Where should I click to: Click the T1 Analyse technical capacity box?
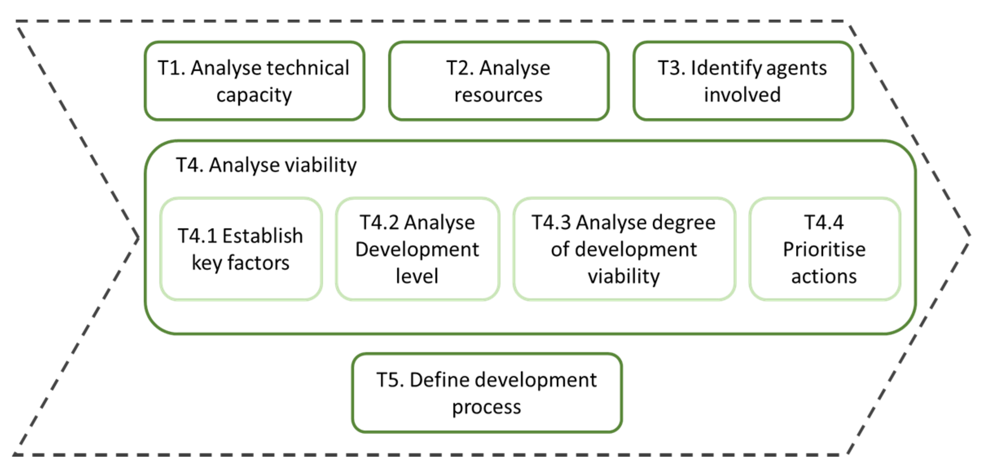[x=254, y=81]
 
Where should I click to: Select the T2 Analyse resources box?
[x=498, y=81]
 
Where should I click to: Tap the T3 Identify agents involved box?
[x=743, y=81]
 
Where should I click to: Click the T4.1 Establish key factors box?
[x=241, y=249]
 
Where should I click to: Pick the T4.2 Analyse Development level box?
[x=417, y=249]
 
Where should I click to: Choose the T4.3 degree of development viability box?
[x=624, y=249]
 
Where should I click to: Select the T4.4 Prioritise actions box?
[x=824, y=249]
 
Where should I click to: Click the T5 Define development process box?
[x=487, y=393]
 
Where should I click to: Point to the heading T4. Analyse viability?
[x=266, y=165]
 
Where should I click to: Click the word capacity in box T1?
[x=254, y=95]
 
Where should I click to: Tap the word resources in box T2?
[x=498, y=95]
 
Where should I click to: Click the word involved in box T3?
[x=742, y=95]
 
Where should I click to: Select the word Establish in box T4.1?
[x=263, y=236]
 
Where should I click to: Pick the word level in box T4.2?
[x=417, y=276]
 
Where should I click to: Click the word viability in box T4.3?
[x=623, y=277]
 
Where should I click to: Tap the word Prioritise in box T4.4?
[x=824, y=249]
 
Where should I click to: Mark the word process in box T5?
[x=487, y=407]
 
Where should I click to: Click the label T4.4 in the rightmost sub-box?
[x=824, y=222]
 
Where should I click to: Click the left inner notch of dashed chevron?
[x=138, y=238]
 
